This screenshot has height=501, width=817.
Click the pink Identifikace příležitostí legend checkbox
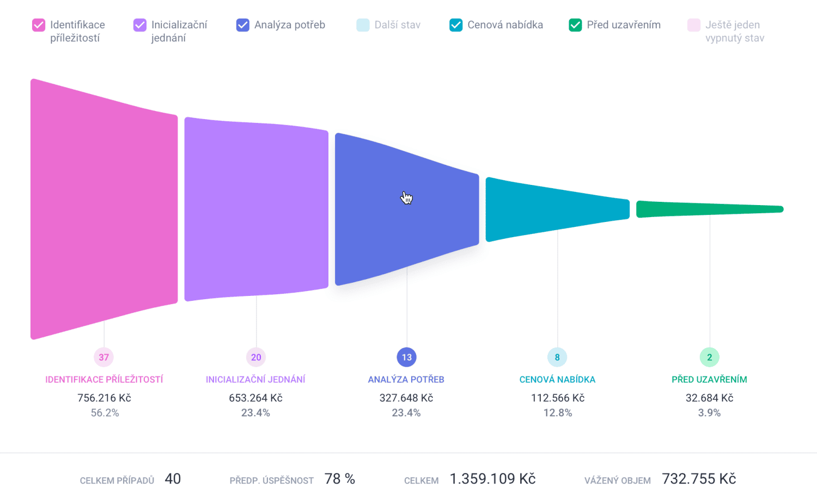(x=39, y=25)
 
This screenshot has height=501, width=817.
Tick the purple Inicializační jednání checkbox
(x=140, y=25)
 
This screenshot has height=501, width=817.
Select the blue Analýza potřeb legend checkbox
(x=243, y=25)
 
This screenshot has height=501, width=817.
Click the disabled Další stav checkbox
(x=363, y=25)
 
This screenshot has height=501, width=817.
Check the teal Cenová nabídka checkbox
(x=456, y=25)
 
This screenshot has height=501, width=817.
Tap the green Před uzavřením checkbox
(x=575, y=25)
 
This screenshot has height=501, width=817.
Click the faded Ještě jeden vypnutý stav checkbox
(x=694, y=25)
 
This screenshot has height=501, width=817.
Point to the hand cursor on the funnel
(x=406, y=197)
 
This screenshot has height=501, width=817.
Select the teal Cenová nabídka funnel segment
(x=557, y=209)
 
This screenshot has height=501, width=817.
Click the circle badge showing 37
(x=104, y=357)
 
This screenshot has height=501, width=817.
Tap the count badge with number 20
(x=256, y=357)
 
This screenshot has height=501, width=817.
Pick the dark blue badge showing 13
(x=407, y=357)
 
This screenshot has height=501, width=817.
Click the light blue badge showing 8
(x=557, y=357)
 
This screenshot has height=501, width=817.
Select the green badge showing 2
(x=710, y=357)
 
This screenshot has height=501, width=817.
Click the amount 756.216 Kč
(x=104, y=398)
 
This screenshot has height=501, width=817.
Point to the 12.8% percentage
(x=558, y=413)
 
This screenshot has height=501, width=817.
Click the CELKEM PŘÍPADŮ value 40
(x=173, y=479)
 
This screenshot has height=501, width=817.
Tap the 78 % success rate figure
(x=340, y=479)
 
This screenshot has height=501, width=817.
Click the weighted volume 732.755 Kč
(x=699, y=479)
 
